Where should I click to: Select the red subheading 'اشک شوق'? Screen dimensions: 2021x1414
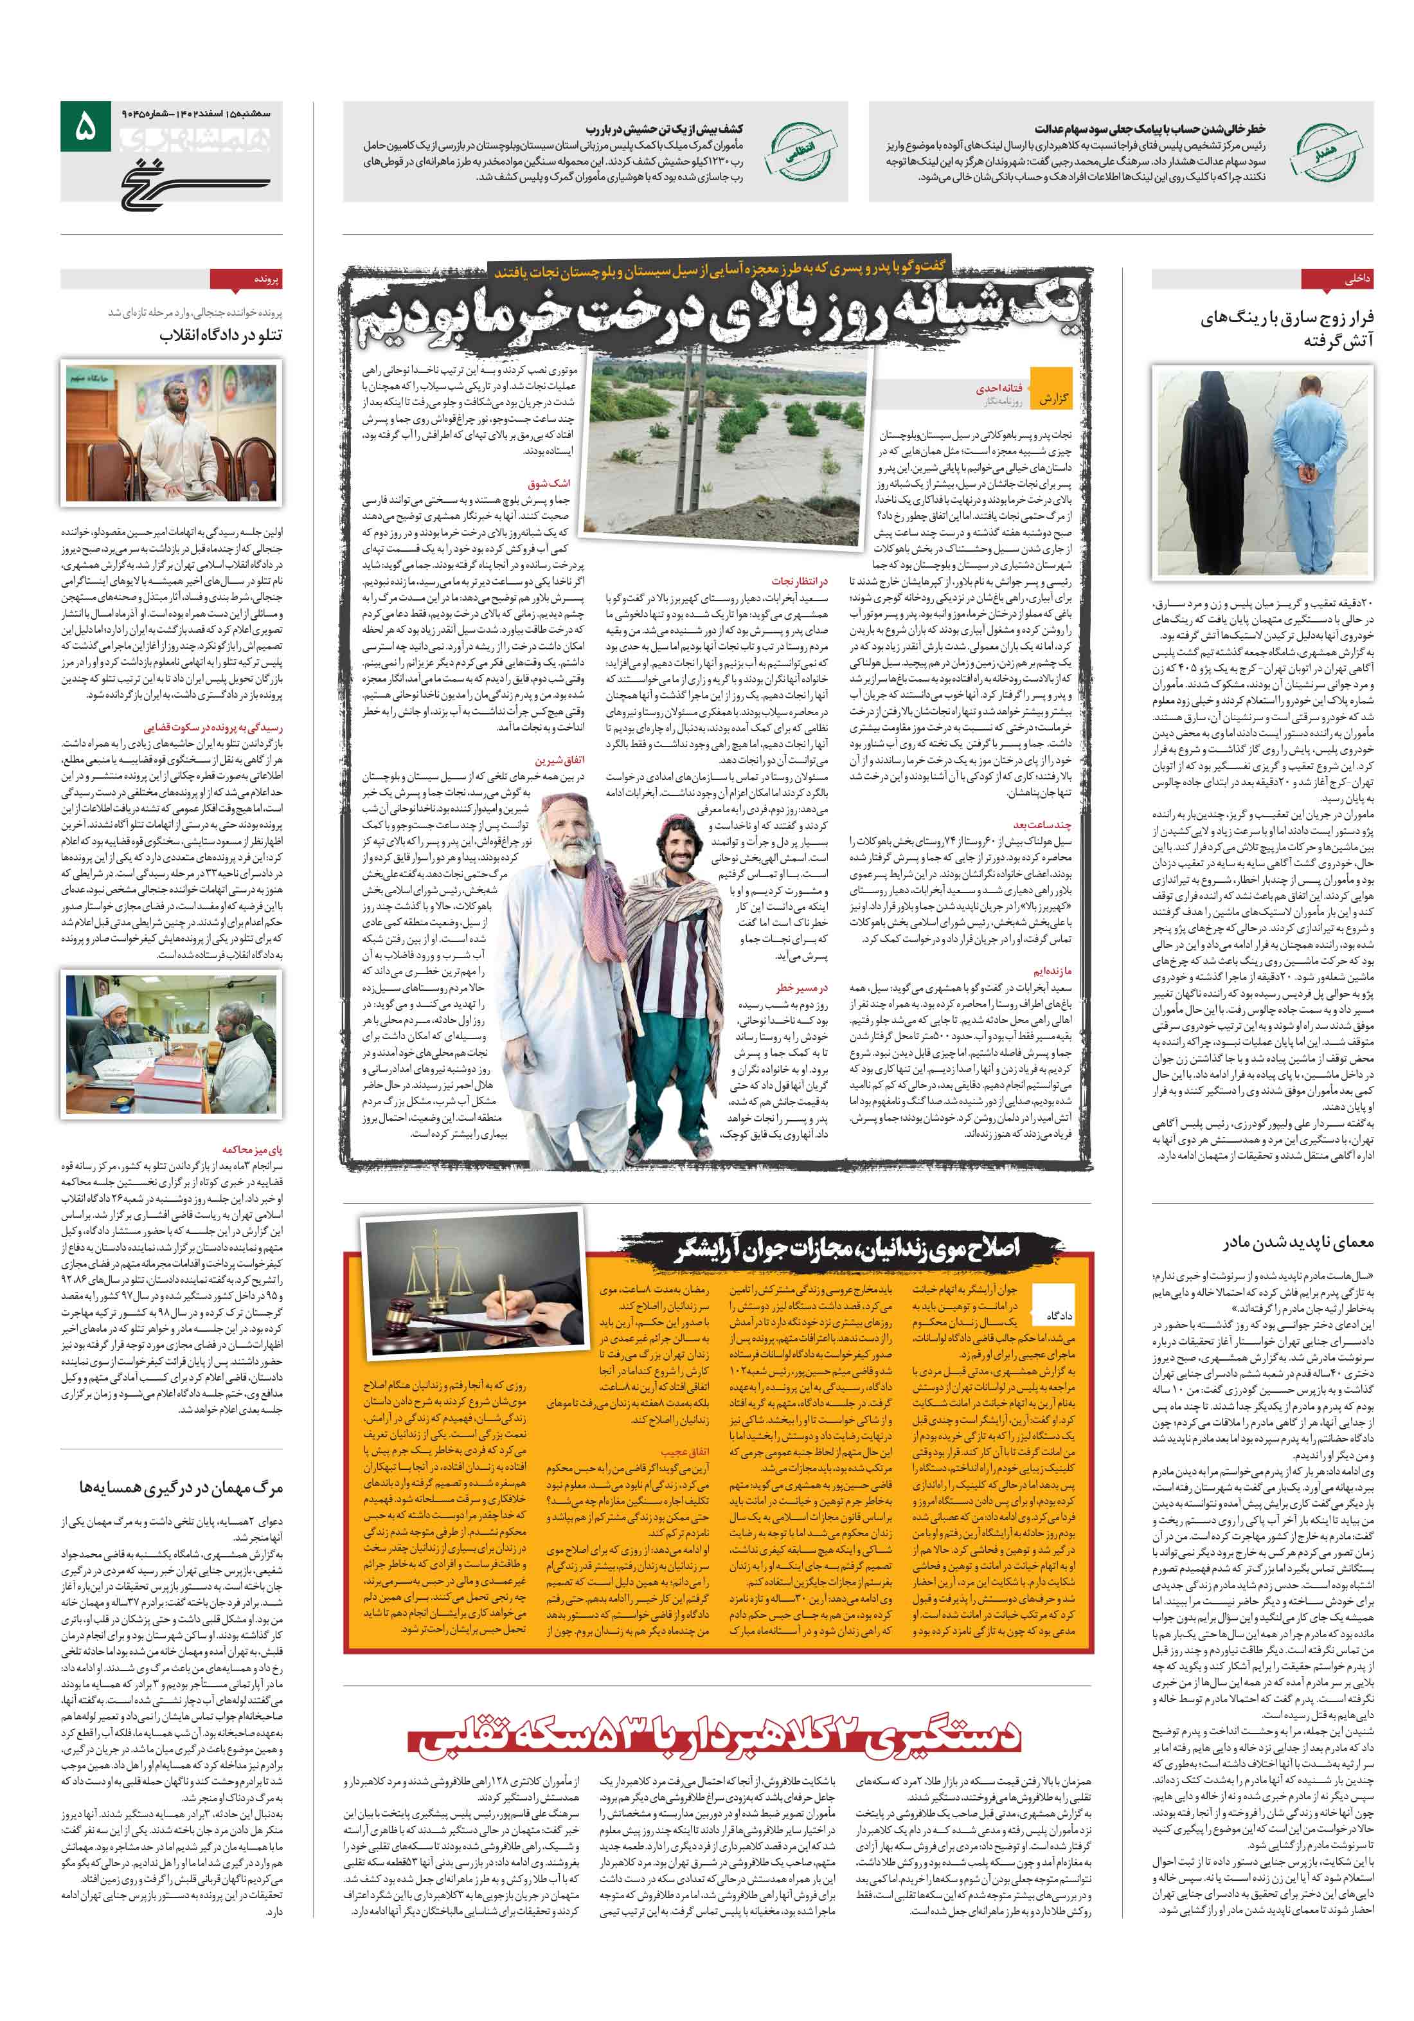coord(548,484)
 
